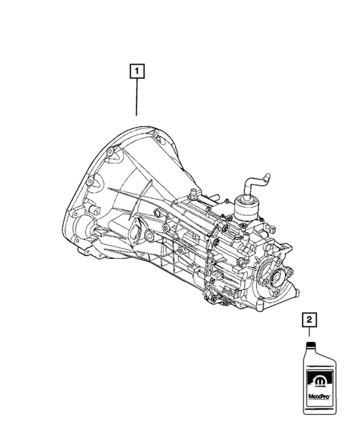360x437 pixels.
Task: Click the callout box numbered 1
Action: pyautogui.click(x=137, y=73)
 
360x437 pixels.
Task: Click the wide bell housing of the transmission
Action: pyautogui.click(x=119, y=185)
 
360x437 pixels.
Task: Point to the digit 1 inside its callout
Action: pyautogui.click(x=137, y=73)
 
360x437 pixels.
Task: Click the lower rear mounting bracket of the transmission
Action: pyautogui.click(x=223, y=297)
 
